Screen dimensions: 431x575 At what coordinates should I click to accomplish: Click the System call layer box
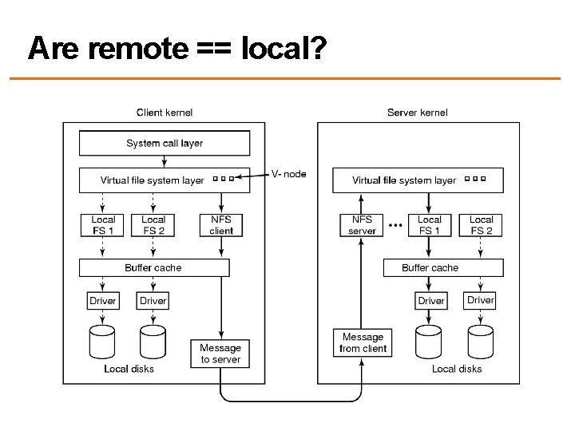pos(165,144)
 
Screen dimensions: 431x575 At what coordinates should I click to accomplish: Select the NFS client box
pos(221,225)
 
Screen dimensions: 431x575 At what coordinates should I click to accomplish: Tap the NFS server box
pos(362,225)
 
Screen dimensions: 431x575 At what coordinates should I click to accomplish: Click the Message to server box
pos(220,354)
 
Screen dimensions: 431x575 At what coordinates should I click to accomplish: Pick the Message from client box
pos(363,342)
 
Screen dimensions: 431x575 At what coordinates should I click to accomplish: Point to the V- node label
pos(288,174)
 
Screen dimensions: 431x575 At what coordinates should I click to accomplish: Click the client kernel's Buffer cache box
pos(153,268)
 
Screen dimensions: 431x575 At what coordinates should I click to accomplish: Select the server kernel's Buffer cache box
pos(430,268)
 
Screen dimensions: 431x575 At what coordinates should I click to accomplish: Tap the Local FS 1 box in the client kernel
pos(102,225)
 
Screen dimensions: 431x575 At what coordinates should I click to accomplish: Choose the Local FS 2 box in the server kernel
pos(481,225)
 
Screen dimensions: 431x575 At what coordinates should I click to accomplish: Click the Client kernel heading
pos(165,113)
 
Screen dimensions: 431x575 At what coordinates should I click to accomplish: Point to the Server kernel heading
pos(418,113)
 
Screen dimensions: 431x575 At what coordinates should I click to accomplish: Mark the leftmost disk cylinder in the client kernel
pos(102,342)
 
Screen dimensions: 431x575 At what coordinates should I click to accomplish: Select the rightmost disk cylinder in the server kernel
pos(481,342)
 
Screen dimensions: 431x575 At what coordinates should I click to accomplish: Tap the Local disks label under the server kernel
pos(457,369)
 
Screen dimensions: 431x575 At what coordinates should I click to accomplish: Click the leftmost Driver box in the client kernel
pos(102,301)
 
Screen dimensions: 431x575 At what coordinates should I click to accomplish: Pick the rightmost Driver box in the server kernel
pos(481,300)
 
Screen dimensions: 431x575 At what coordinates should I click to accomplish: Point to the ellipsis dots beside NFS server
pos(394,225)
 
